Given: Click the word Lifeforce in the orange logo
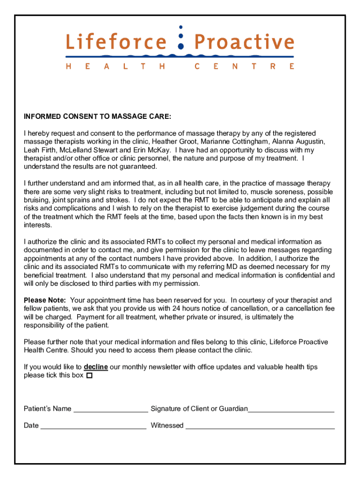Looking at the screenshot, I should point(115,42).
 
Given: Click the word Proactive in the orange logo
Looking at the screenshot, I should point(244,42).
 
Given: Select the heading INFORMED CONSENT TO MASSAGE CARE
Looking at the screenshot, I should point(97,116).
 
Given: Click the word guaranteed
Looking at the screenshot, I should point(137,167).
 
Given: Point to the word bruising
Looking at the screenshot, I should point(38,200).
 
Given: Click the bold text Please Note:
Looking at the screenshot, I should point(45,300).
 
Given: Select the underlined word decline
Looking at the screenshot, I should point(96,367).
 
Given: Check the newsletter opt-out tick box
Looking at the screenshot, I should point(89,376).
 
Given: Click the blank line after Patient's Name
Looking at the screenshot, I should point(111,410).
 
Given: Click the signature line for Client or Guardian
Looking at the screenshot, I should point(291,410).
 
